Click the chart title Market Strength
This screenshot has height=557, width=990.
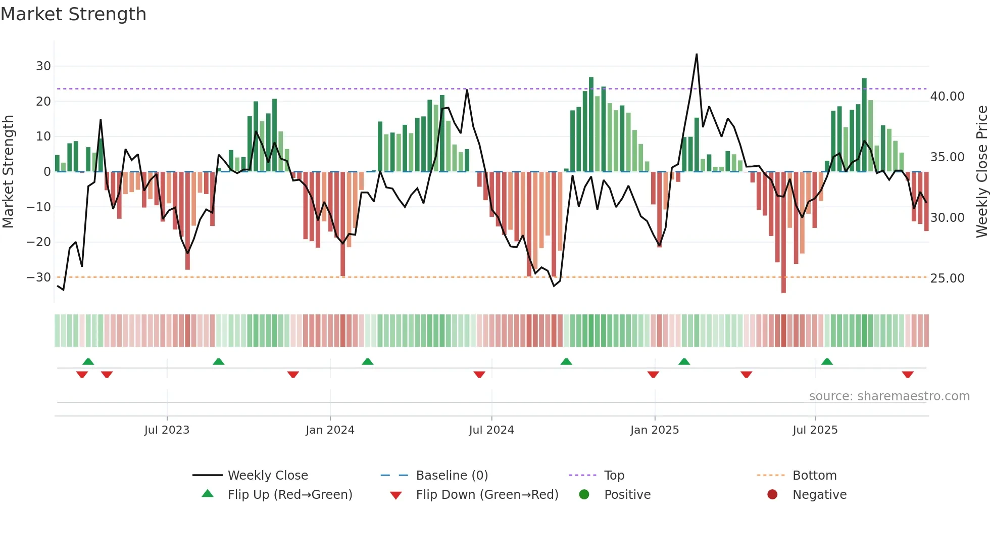[73, 14]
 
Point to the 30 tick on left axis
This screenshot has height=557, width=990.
[43, 66]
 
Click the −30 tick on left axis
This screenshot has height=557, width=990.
[39, 277]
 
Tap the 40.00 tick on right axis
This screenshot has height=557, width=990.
[947, 97]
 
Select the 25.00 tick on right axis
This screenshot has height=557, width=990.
[947, 278]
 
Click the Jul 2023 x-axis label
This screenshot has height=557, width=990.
[167, 430]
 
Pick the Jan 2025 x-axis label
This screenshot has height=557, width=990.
[655, 430]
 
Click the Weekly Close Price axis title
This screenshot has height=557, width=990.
[981, 172]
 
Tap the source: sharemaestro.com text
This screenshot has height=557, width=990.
[889, 396]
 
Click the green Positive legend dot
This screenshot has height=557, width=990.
[584, 495]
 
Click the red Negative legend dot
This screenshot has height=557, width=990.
[772, 495]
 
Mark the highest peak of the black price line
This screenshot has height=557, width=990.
[697, 54]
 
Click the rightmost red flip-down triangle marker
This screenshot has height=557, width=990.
[908, 375]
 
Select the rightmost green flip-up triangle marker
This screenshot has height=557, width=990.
[827, 361]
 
